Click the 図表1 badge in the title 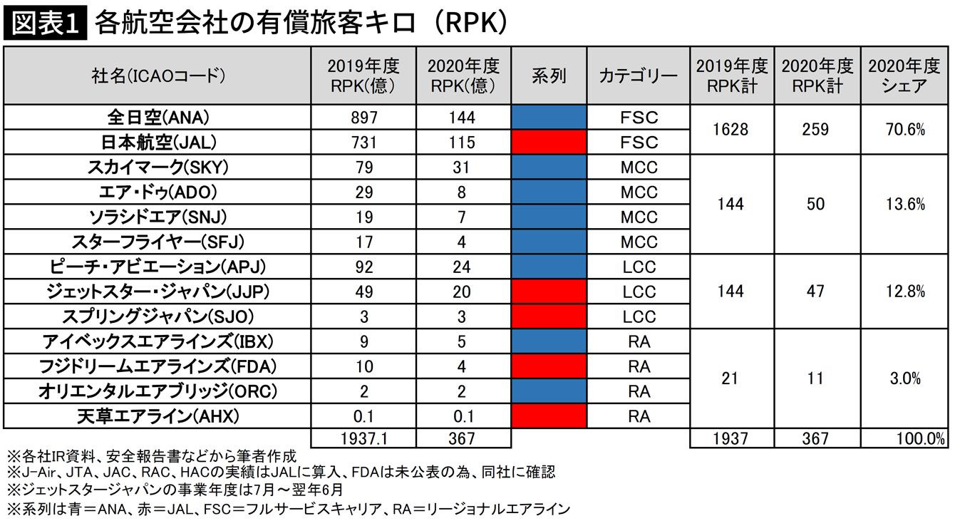tap(44, 23)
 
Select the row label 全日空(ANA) tap(158, 118)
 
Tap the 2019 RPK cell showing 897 tap(363, 118)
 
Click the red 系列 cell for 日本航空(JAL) tap(549, 142)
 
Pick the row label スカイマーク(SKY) tap(158, 168)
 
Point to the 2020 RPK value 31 tap(463, 168)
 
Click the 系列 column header tap(549, 76)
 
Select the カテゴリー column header tap(639, 76)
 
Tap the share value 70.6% tap(906, 130)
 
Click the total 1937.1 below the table tap(363, 438)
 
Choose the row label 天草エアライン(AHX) tap(158, 416)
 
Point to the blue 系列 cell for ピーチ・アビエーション tap(549, 267)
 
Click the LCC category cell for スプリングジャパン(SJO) tap(639, 316)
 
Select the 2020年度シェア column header tap(905, 76)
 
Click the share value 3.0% tap(906, 378)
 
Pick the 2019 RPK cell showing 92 tap(363, 267)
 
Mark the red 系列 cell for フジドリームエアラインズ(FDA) tap(549, 366)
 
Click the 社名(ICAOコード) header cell tap(158, 76)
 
